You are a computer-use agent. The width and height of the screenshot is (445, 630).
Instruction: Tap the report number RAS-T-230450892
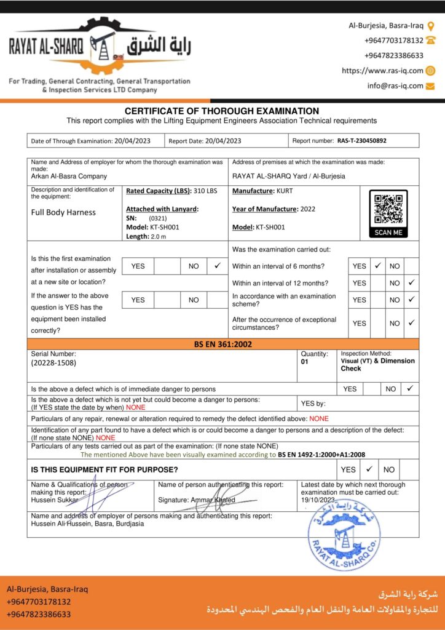click(362, 141)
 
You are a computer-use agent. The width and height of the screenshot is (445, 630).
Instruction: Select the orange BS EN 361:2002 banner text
click(222, 345)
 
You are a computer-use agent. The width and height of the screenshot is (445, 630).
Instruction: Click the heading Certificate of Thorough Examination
click(222, 111)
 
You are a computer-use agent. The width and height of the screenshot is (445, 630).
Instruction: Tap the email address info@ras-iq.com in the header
click(395, 86)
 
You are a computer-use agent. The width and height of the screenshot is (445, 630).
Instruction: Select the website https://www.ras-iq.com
click(382, 71)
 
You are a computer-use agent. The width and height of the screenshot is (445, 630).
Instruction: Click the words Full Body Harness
click(63, 213)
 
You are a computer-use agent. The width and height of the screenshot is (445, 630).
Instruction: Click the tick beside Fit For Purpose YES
click(369, 469)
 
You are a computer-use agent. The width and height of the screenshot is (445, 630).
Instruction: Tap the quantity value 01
click(305, 362)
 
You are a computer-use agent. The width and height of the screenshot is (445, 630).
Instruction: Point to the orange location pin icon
click(431, 26)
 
